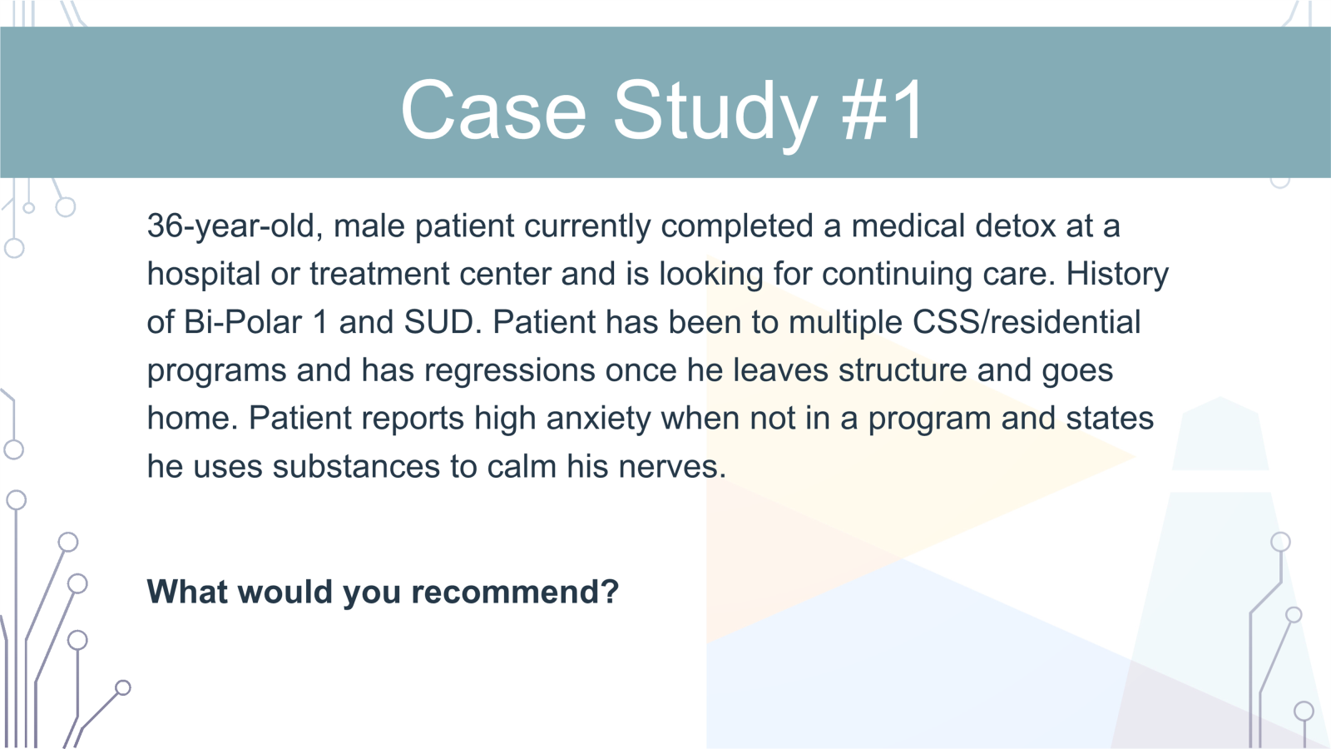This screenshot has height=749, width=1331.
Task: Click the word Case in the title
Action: [494, 110]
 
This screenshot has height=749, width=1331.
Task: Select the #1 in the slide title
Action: [882, 110]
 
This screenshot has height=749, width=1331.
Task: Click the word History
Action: [1117, 275]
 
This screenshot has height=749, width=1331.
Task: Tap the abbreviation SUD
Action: [442, 321]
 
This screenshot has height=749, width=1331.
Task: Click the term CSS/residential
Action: [1027, 322]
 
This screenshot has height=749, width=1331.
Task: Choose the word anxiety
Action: [598, 419]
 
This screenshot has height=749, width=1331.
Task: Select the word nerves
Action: [672, 466]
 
